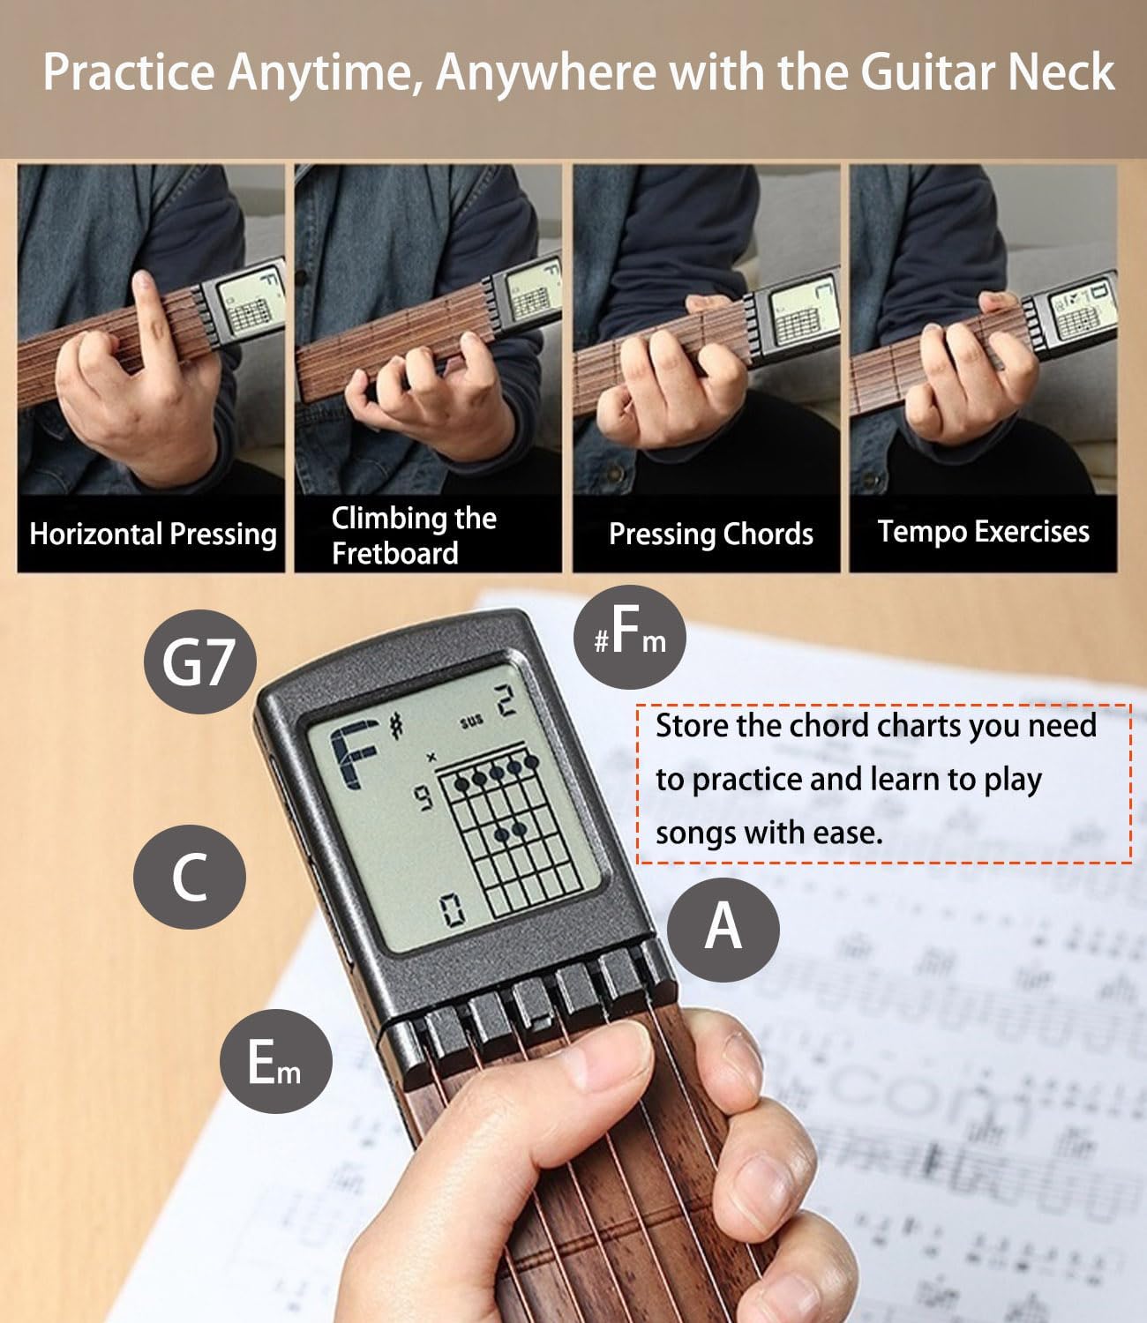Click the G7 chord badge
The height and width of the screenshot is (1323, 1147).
tap(199, 661)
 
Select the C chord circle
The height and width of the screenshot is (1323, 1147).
tap(190, 877)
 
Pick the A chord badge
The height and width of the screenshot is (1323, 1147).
tap(723, 928)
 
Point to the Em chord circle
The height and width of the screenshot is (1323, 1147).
tap(275, 1061)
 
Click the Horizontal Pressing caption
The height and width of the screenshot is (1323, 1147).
tap(153, 534)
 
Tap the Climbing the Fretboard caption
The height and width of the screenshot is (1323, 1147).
tap(413, 535)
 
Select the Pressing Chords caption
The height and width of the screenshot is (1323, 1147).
tap(710, 534)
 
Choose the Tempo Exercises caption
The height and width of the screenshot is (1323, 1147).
tap(983, 532)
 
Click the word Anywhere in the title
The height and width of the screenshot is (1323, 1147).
tap(545, 72)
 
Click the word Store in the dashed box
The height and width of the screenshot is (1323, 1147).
tap(693, 726)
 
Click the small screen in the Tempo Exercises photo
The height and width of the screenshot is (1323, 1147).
tap(1082, 310)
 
